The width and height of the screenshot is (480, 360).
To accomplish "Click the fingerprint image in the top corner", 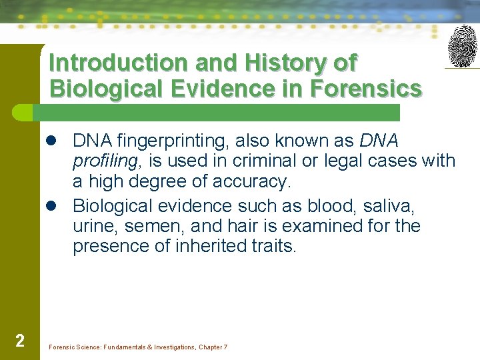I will [462, 46].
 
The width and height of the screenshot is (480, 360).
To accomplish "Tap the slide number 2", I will [20, 341].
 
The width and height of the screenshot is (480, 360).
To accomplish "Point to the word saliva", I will [393, 206].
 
